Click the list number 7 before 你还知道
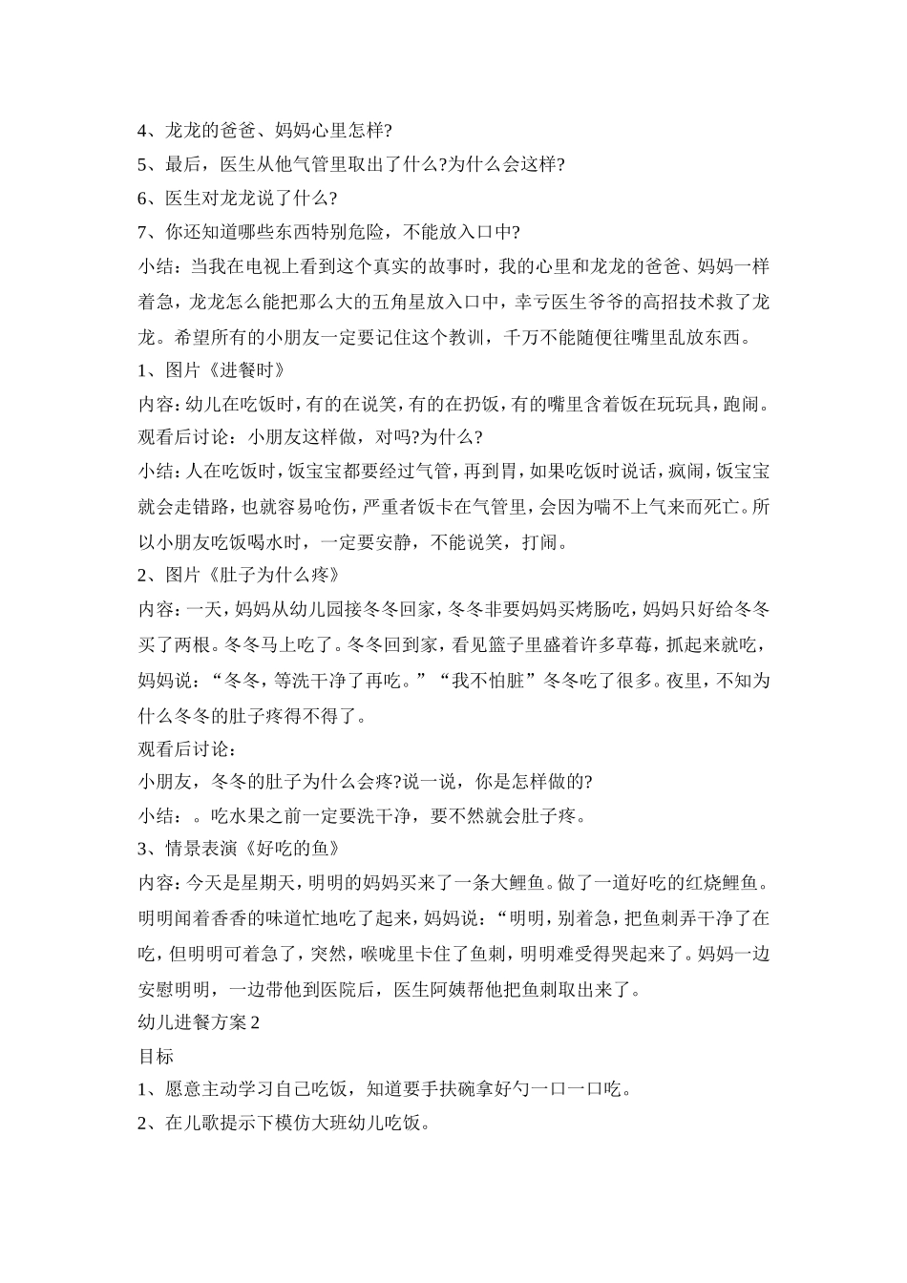[144, 233]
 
